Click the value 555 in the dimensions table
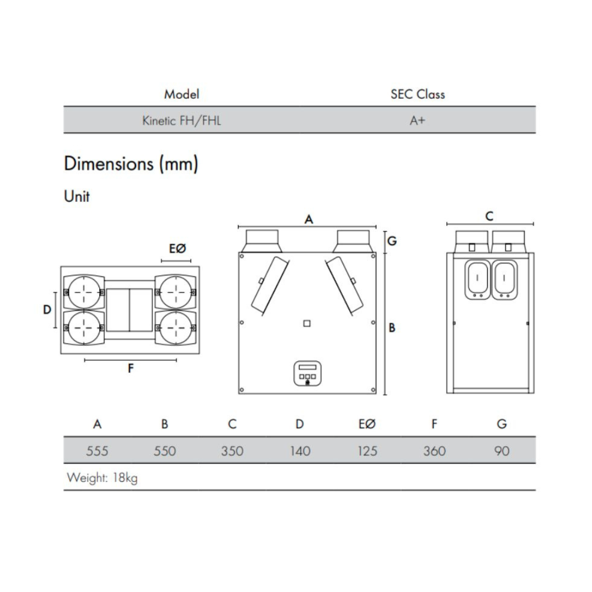[97, 451]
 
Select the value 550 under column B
[164, 451]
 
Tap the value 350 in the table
[232, 451]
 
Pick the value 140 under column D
[299, 451]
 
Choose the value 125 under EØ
[367, 451]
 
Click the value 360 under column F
[434, 451]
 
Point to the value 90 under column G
[502, 451]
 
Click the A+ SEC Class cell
[417, 121]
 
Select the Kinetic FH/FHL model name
[181, 121]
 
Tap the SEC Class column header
[417, 94]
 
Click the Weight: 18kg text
[102, 477]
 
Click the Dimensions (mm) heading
[131, 164]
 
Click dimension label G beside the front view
[392, 241]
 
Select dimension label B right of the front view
[392, 328]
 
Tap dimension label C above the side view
[489, 217]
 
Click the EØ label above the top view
[177, 249]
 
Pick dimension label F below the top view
[130, 368]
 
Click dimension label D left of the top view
[47, 310]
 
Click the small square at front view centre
[307, 323]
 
